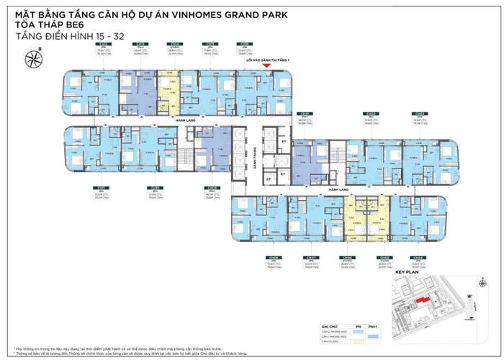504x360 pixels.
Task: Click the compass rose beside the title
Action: pos(33,55)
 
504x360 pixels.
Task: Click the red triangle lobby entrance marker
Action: pos(266,66)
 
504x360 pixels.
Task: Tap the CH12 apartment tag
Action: pos(102,43)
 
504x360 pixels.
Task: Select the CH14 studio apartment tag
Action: pos(174,43)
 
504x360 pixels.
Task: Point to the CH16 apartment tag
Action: pos(245,43)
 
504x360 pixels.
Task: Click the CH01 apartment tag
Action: pos(304,114)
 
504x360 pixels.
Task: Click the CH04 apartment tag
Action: pos(418,256)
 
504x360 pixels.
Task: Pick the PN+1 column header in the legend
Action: pos(372,325)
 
